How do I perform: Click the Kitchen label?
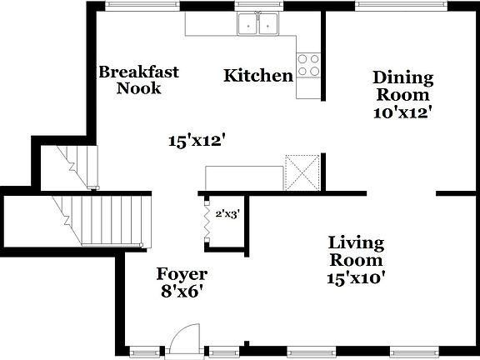pos(258,76)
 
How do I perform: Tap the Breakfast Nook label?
pos(138,79)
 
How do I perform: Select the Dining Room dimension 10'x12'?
pos(402,112)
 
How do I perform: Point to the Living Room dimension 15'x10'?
pos(356,278)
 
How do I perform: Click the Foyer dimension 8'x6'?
pos(181,292)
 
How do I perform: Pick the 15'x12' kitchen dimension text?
pos(197,142)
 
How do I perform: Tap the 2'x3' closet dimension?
pos(228,213)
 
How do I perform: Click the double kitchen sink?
pos(257,25)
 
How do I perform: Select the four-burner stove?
pos(308,65)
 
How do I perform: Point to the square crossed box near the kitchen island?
pos(302,172)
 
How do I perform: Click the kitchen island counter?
pos(244,177)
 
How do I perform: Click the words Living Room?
pos(356,252)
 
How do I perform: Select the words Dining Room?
pos(402,86)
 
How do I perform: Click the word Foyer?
pos(182,274)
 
